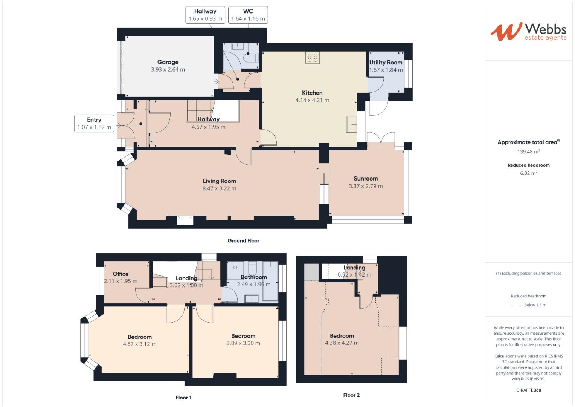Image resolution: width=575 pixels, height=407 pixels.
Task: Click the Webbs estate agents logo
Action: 528,32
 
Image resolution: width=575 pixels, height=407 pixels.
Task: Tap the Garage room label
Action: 168,62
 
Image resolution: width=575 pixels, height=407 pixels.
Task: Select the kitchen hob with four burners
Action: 313,58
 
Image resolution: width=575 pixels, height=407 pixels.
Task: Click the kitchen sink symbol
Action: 352,124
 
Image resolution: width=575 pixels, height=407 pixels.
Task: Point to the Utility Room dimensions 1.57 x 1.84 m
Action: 386,70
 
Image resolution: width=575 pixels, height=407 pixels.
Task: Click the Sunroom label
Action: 366,179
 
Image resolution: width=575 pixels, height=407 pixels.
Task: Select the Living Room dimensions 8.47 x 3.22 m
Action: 219,188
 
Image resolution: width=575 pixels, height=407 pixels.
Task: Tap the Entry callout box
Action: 94,123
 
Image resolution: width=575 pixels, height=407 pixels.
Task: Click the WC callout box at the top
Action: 248,15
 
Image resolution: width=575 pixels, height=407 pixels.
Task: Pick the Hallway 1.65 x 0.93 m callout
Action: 205,15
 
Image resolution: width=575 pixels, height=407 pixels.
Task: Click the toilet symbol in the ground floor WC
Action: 252,58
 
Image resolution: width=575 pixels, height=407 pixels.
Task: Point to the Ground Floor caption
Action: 243,240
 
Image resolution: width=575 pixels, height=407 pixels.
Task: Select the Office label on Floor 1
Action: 120,274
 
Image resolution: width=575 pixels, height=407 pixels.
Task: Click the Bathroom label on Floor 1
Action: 254,277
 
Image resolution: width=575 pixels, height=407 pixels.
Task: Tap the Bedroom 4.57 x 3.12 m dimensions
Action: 140,344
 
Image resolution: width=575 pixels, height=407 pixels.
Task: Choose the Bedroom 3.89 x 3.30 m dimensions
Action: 243,343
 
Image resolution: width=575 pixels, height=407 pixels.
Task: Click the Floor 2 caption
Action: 351,395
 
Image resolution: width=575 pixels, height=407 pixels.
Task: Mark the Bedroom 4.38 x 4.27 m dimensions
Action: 342,343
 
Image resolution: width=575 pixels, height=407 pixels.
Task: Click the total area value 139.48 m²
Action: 529,151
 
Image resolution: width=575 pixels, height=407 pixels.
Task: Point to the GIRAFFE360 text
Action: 529,390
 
